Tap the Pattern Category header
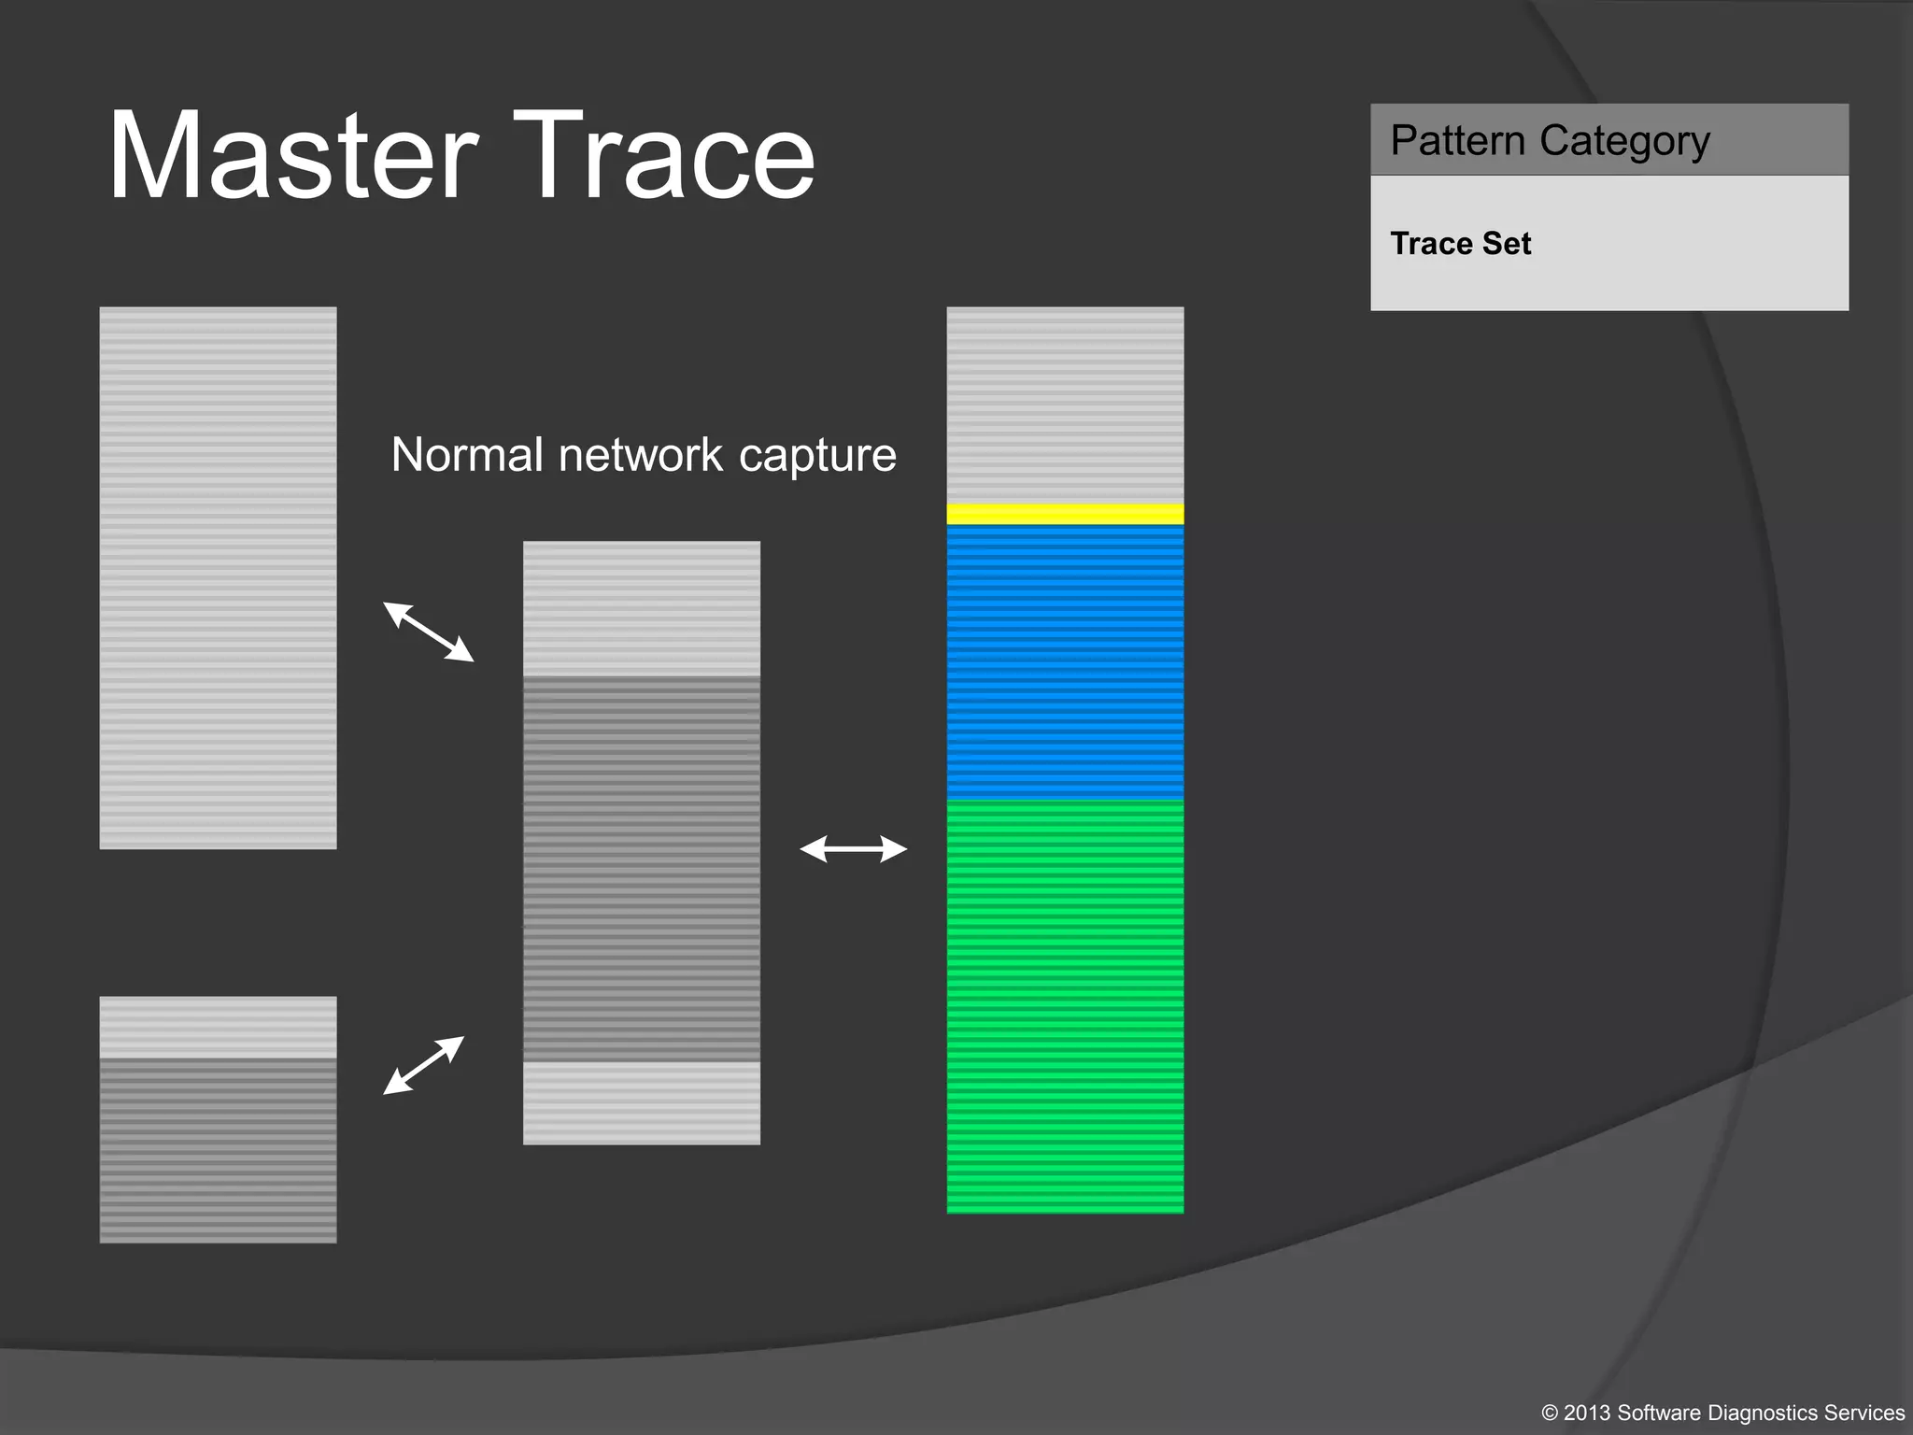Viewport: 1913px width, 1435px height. [1551, 141]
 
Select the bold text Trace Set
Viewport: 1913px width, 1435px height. [1460, 244]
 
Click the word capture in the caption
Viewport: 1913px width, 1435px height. [817, 455]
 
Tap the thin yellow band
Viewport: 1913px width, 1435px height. [1065, 514]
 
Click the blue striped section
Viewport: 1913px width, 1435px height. [1065, 661]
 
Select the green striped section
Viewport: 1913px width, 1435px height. [1065, 1007]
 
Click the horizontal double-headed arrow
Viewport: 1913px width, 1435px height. [854, 849]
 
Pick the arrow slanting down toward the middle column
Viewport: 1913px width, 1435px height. [429, 632]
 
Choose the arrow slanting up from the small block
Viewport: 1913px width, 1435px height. [424, 1065]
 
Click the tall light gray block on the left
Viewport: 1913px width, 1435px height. [218, 577]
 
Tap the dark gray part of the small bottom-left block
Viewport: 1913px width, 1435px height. [218, 1149]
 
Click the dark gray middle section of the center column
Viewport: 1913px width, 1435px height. [641, 869]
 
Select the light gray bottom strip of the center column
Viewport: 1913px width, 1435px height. [641, 1102]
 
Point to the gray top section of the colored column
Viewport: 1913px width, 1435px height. [1065, 405]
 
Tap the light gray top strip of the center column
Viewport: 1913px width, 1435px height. [641, 608]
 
